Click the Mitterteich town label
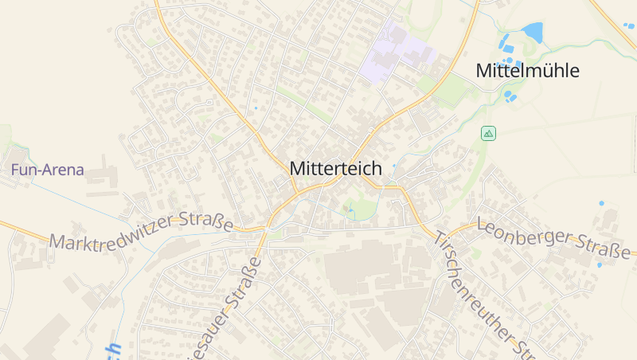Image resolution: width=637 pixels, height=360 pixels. (x=335, y=169)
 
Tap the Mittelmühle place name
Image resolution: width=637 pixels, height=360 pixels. (x=527, y=70)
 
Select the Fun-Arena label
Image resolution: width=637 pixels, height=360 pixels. (x=47, y=170)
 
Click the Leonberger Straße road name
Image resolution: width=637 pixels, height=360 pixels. (x=553, y=239)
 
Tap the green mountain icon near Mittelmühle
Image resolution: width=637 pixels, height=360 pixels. (x=488, y=133)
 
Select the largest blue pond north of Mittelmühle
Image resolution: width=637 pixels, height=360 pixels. (x=532, y=32)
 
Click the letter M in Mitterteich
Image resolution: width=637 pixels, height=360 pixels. (x=297, y=169)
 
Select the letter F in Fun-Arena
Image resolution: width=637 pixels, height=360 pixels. (x=15, y=170)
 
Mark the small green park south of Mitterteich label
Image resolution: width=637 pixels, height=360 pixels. (x=362, y=210)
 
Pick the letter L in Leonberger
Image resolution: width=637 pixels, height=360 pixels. (x=482, y=222)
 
